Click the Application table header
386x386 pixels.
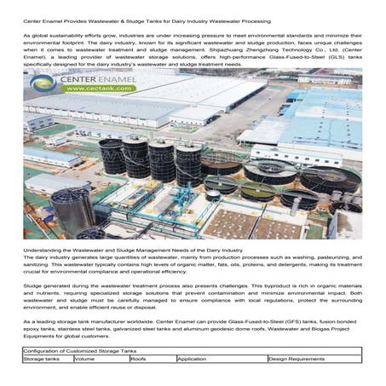192,359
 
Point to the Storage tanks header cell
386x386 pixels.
41,359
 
